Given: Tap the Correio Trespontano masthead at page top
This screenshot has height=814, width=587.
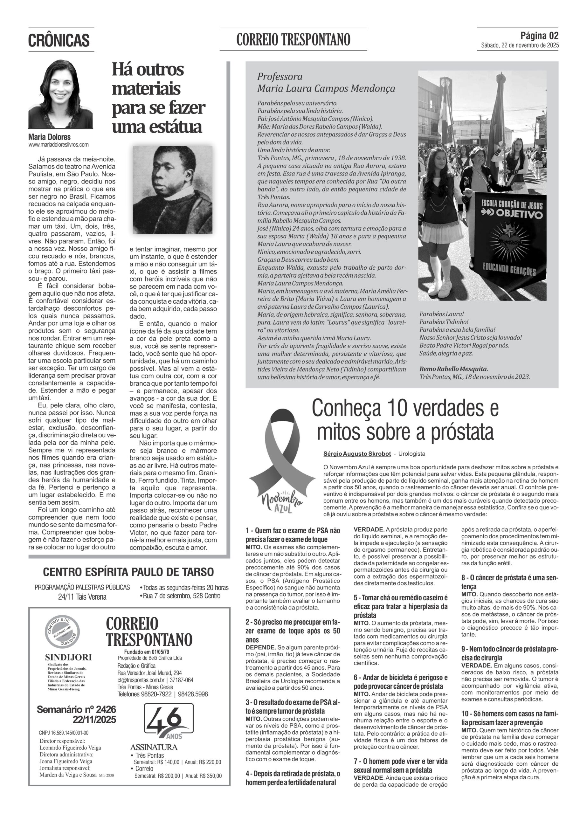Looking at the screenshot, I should [x=293, y=39].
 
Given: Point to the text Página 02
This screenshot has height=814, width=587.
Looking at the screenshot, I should [x=539, y=36].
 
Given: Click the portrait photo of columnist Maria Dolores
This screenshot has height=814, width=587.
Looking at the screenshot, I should [x=60, y=94].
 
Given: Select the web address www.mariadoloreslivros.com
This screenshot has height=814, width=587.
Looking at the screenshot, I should [x=59, y=145].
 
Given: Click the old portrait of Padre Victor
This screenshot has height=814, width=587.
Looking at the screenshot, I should [x=172, y=190].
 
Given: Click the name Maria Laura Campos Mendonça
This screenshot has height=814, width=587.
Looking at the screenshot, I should [x=326, y=88].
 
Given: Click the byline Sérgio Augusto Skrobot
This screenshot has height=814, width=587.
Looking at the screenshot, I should [x=357, y=454].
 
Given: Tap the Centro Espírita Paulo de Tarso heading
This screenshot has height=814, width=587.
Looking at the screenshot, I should [x=128, y=572].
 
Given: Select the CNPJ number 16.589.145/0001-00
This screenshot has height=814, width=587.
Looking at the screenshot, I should [x=64, y=733].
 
